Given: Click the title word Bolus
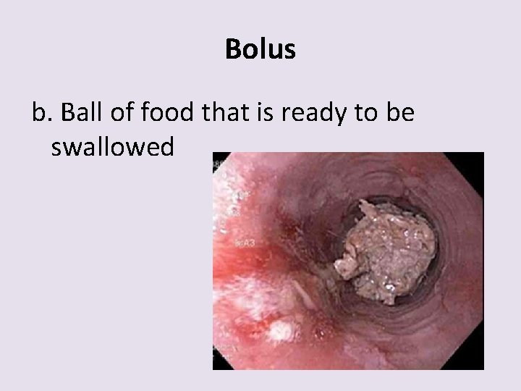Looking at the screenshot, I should click(x=260, y=50).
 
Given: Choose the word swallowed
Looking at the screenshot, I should click(x=113, y=147).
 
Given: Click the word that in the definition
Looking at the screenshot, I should click(x=221, y=112).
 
